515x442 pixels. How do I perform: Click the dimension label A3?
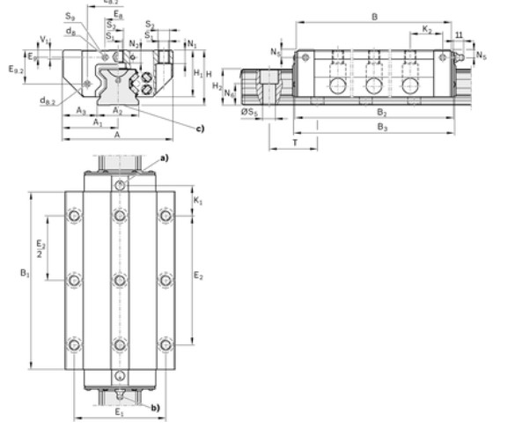pyautogui.click(x=81, y=111)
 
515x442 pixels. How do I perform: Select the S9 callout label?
pyautogui.click(x=70, y=16)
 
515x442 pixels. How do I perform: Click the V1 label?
pyautogui.click(x=44, y=39)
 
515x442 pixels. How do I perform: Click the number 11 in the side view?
pyautogui.click(x=460, y=34)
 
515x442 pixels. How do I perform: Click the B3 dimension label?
pyautogui.click(x=380, y=128)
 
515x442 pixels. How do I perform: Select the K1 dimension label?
pyautogui.click(x=197, y=202)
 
